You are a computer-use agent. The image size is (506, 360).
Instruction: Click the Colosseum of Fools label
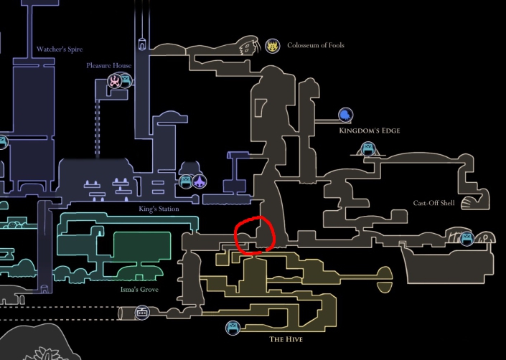[315, 45]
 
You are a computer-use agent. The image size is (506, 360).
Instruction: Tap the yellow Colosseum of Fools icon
[272, 47]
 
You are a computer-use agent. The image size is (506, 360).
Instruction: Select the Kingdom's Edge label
[369, 131]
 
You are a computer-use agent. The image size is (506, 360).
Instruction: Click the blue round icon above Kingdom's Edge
[345, 115]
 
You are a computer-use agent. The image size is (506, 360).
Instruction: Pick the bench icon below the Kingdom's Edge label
[368, 149]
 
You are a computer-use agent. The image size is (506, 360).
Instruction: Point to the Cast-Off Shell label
[434, 203]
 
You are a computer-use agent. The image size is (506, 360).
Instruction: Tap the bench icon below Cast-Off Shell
[467, 238]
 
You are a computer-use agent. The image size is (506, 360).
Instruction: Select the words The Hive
[286, 338]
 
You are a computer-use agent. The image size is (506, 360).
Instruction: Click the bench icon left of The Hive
[233, 328]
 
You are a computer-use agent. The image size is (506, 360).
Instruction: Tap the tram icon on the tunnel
[143, 313]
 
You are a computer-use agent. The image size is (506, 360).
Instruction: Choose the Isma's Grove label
[139, 290]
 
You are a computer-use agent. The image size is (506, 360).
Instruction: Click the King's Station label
[159, 209]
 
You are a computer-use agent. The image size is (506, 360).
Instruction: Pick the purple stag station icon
[199, 181]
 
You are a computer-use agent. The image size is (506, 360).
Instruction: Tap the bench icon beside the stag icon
[186, 181]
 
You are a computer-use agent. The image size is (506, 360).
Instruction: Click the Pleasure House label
[108, 65]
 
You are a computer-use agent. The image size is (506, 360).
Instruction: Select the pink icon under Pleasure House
[115, 80]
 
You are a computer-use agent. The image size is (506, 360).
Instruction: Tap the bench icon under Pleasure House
[126, 80]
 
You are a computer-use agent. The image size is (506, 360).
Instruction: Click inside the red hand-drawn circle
[254, 234]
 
